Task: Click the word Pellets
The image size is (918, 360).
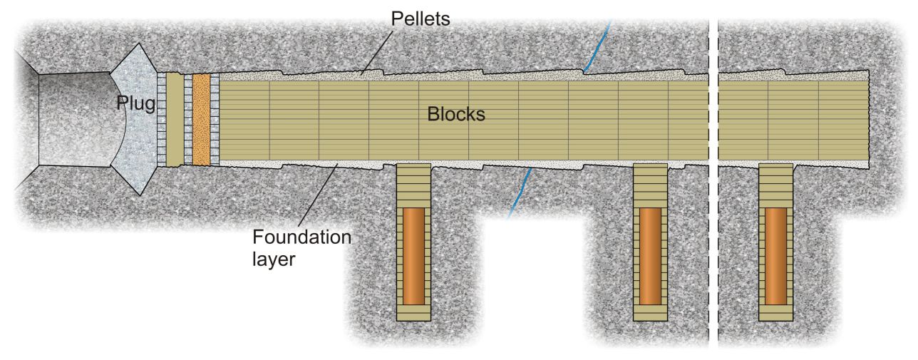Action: tap(420, 19)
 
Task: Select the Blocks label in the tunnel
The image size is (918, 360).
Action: tap(456, 114)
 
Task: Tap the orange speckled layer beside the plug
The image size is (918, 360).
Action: tap(202, 119)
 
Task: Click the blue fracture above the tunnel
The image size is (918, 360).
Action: tap(597, 43)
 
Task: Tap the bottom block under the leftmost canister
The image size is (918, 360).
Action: tap(414, 314)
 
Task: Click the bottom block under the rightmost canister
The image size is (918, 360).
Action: tap(776, 314)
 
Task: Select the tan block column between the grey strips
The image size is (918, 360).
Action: tap(175, 119)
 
